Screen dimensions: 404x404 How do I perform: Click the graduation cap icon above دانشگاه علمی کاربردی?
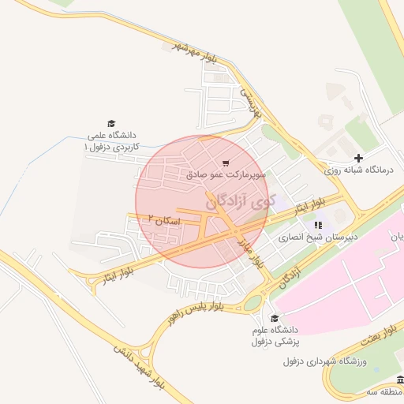click(x=111, y=123)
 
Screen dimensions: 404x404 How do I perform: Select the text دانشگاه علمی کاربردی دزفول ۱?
click(x=111, y=140)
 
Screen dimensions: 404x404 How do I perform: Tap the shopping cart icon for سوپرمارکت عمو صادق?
click(x=226, y=163)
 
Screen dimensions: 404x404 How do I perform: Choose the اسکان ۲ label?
click(x=163, y=221)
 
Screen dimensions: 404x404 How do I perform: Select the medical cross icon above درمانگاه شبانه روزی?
click(x=359, y=159)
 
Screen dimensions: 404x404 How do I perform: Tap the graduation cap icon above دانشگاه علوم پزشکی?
click(x=274, y=319)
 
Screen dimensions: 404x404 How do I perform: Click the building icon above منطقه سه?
click(x=398, y=380)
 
